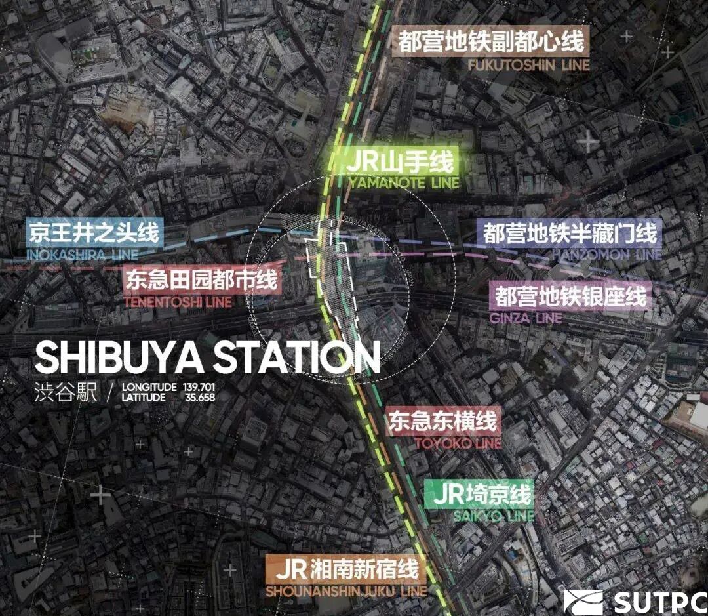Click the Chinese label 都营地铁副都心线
(x=491, y=41)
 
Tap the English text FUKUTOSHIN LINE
(x=528, y=65)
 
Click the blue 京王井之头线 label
(x=93, y=234)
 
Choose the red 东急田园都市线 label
(x=201, y=281)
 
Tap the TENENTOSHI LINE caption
(x=178, y=302)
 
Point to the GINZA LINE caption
(x=526, y=318)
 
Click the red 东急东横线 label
(x=443, y=421)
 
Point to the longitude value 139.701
(x=200, y=387)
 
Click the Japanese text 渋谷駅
(x=66, y=392)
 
